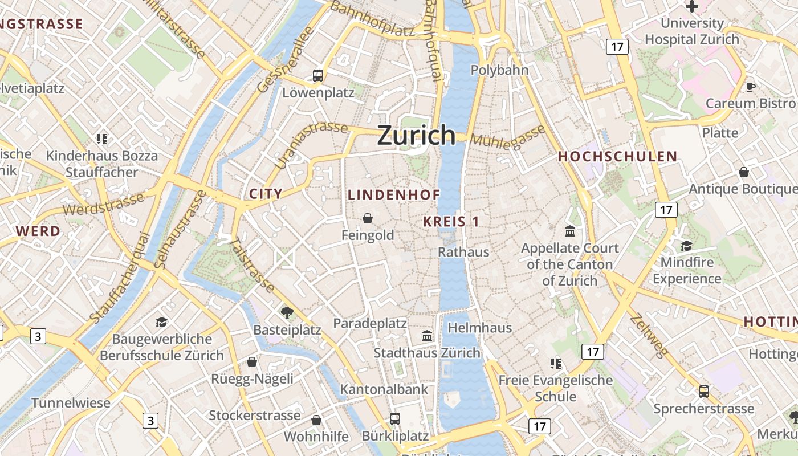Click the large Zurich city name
pyautogui.click(x=417, y=135)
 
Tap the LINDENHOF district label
pyautogui.click(x=394, y=194)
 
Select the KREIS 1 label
pyautogui.click(x=451, y=222)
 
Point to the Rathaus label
pyautogui.click(x=463, y=251)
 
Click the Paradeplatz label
pyautogui.click(x=370, y=323)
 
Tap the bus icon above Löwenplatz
pyautogui.click(x=318, y=75)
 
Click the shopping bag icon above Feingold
pyautogui.click(x=368, y=218)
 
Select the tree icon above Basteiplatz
pyautogui.click(x=287, y=312)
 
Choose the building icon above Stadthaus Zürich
pyautogui.click(x=427, y=336)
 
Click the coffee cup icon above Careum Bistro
pyautogui.click(x=751, y=87)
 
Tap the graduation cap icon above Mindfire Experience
pyautogui.click(x=687, y=246)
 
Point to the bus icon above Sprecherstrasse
pyautogui.click(x=704, y=392)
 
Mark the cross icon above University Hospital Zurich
pyautogui.click(x=692, y=6)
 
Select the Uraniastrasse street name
pyautogui.click(x=311, y=144)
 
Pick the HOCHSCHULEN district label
pyautogui.click(x=617, y=156)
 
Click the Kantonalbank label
pyautogui.click(x=384, y=389)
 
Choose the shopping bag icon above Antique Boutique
pyautogui.click(x=744, y=172)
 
